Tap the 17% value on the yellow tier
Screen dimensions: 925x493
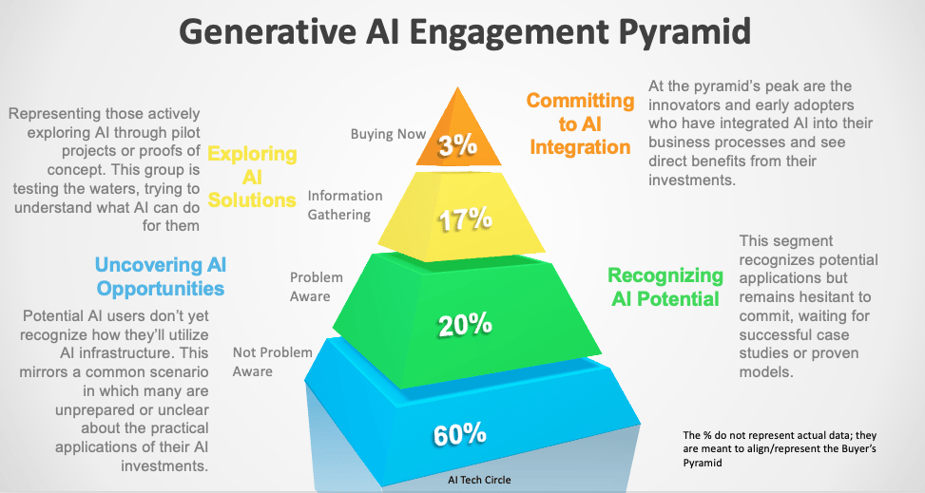tap(464, 219)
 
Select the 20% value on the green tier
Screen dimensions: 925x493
tap(464, 324)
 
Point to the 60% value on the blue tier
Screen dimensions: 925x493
tap(460, 434)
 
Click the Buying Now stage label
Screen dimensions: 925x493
tap(388, 134)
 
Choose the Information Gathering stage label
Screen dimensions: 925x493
tap(344, 205)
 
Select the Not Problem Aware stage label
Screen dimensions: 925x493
tap(273, 362)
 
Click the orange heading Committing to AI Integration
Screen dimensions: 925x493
tap(580, 123)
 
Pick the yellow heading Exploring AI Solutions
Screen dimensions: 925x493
tap(252, 177)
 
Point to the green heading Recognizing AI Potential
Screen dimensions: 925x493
tap(665, 287)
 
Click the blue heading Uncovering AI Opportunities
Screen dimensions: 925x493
tap(160, 276)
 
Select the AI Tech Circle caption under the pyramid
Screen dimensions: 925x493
tap(478, 480)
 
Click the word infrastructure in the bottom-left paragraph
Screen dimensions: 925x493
tap(107, 352)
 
